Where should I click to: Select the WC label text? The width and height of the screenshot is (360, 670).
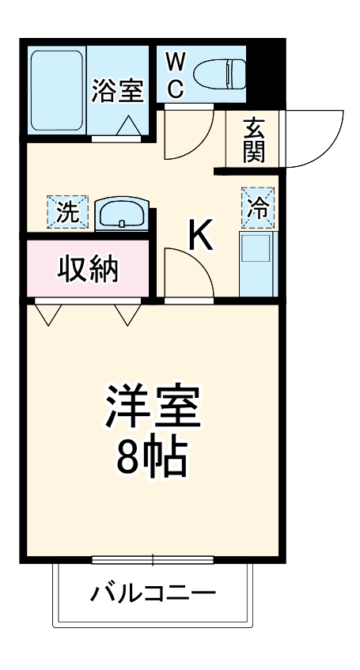175,74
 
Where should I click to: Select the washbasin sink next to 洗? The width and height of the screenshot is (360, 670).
120,213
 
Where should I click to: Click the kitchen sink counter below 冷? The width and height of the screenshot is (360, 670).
256,262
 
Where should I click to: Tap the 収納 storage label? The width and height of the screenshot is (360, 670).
88,270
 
